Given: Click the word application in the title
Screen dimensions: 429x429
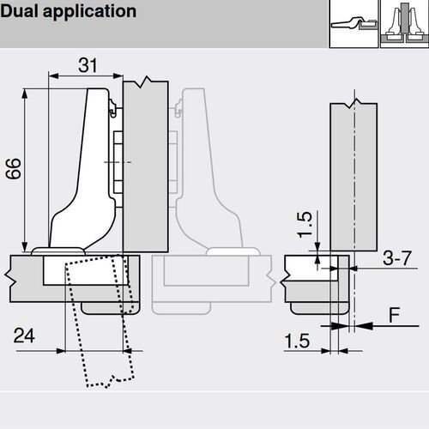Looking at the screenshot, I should [x=89, y=12].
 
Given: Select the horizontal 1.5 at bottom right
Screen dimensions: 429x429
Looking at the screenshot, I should [x=297, y=341].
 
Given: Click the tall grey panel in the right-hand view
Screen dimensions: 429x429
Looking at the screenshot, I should [x=352, y=172].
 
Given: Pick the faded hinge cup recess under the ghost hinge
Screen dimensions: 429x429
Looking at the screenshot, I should [x=206, y=273].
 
